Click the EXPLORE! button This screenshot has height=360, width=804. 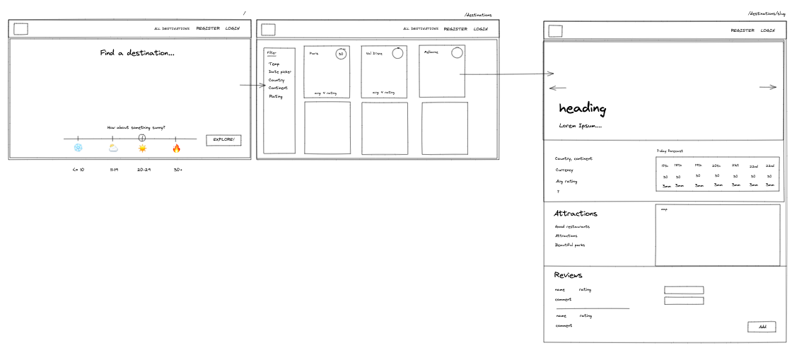coord(223,140)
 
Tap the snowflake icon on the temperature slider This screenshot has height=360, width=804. coord(78,148)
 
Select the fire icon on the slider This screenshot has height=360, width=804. coord(177,148)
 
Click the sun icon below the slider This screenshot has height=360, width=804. coord(143,148)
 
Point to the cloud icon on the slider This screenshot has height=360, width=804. coord(113,148)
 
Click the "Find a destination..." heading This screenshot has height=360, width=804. coord(137,53)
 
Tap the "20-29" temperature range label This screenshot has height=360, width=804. coord(144,170)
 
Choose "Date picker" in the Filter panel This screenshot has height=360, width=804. coord(279,71)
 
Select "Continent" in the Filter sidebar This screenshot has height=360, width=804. coord(278,88)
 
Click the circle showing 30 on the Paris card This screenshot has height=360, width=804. coord(341,54)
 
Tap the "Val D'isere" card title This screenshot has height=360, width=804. coord(374,53)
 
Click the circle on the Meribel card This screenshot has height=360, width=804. coord(457,52)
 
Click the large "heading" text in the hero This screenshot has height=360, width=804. coord(582,108)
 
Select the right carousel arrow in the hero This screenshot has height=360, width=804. coord(768,87)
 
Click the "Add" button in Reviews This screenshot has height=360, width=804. coord(762,327)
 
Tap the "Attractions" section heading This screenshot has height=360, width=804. coord(576,213)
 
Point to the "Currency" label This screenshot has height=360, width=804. coord(564,170)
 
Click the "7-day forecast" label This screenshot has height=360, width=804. coord(670,151)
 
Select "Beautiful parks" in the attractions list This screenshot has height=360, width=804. coord(570,245)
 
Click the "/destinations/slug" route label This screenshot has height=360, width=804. coord(767,13)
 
